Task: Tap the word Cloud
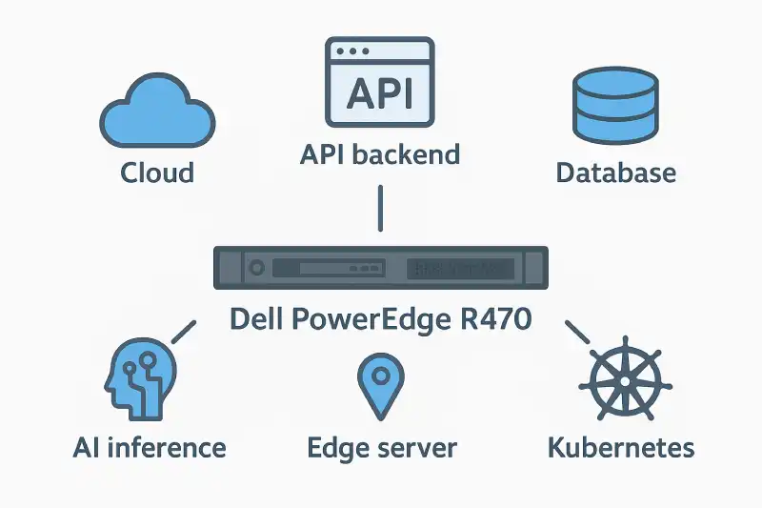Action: click(x=157, y=173)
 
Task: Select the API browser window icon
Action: click(x=379, y=82)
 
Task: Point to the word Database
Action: click(x=615, y=173)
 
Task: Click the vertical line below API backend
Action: click(x=380, y=208)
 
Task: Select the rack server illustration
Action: click(x=381, y=270)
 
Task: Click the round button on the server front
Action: click(x=255, y=270)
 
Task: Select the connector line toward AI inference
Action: click(x=182, y=332)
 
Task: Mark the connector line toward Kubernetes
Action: click(x=578, y=332)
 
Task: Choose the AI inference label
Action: click(x=150, y=448)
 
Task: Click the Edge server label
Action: click(x=382, y=448)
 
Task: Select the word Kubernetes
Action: click(x=620, y=448)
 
